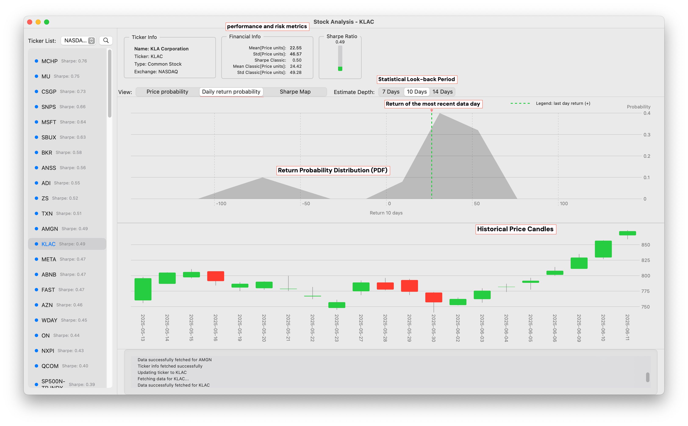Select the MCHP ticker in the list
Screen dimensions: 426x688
50,61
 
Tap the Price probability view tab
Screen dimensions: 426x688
167,92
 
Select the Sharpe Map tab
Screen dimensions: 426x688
295,92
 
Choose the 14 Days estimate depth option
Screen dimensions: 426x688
442,92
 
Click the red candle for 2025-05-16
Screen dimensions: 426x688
216,276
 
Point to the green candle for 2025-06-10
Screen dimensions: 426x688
603,249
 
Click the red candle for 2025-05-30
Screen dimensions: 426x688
433,297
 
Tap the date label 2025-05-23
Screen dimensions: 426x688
337,328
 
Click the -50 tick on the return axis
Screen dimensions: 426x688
306,204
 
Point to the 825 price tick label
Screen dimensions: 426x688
645,260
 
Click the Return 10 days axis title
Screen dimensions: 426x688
386,213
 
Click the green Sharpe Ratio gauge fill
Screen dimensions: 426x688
340,69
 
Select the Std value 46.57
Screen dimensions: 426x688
295,54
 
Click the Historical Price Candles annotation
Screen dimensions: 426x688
515,229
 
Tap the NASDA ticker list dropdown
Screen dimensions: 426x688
78,41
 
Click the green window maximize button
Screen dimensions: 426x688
47,22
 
